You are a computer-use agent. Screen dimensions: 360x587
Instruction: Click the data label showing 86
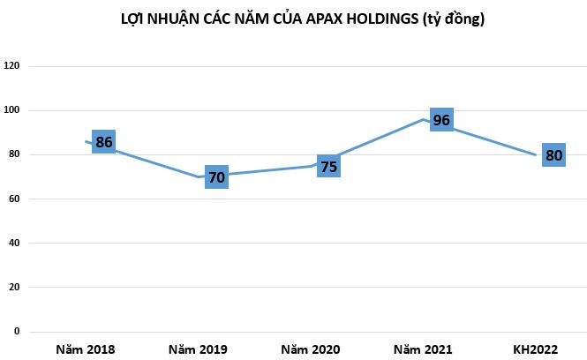click(104, 141)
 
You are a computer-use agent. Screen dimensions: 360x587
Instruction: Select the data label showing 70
click(216, 177)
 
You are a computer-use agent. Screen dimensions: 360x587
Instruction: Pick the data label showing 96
click(441, 119)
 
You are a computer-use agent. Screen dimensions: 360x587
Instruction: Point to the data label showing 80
click(553, 155)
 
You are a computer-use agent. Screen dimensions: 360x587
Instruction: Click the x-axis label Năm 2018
click(85, 349)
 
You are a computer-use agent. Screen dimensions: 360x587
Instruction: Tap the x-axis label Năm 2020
click(310, 349)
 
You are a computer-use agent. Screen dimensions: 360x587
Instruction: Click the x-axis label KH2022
click(535, 349)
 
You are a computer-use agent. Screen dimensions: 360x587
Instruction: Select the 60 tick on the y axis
click(14, 199)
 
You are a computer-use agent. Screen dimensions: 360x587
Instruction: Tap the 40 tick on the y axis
click(14, 244)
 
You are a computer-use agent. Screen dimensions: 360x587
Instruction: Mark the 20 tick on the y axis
click(14, 288)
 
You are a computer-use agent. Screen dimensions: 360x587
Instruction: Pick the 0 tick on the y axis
click(17, 332)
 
